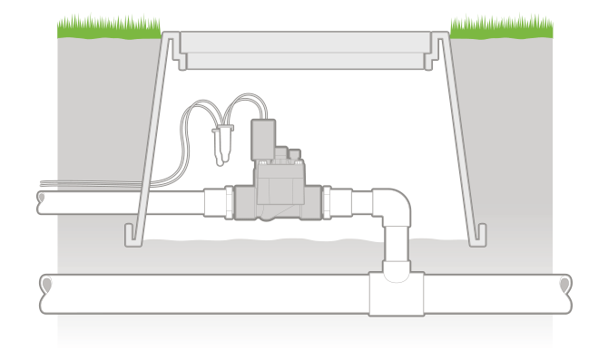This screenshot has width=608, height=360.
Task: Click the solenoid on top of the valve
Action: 263,137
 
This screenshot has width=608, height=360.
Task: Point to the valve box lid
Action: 304,49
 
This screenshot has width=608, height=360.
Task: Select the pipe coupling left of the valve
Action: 219,201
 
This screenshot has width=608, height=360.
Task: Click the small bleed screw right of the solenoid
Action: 294,153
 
